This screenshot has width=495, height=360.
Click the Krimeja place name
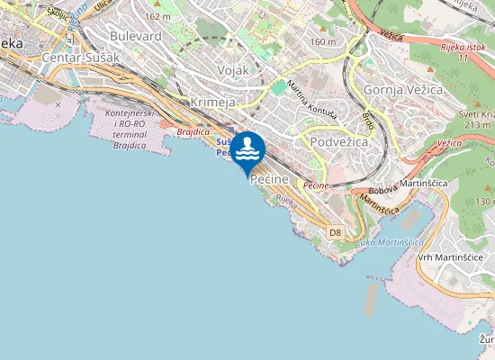click(x=213, y=103)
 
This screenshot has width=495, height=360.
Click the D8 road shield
click(x=335, y=232)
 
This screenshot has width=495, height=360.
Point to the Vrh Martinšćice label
click(x=451, y=257)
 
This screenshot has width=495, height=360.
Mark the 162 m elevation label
click(x=157, y=16)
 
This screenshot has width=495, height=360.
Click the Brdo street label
click(x=368, y=118)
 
